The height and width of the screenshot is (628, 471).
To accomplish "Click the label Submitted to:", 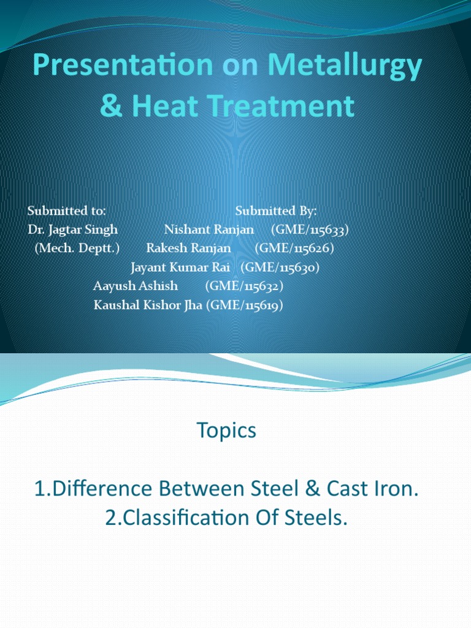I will coord(67,211).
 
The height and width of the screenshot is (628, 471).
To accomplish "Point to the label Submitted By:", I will coord(276,211).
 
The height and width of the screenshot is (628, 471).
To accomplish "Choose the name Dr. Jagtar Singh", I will coord(73,230).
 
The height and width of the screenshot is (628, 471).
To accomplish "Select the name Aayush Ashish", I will coord(136,286).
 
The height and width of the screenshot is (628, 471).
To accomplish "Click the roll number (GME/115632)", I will coord(244,286).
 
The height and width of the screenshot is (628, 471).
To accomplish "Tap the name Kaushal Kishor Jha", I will coord(148,305).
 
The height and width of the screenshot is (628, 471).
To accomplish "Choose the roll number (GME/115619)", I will coord(245,305).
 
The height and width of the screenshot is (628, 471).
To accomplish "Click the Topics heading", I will coord(226,431).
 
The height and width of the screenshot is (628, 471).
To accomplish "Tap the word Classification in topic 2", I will coord(186,518).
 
